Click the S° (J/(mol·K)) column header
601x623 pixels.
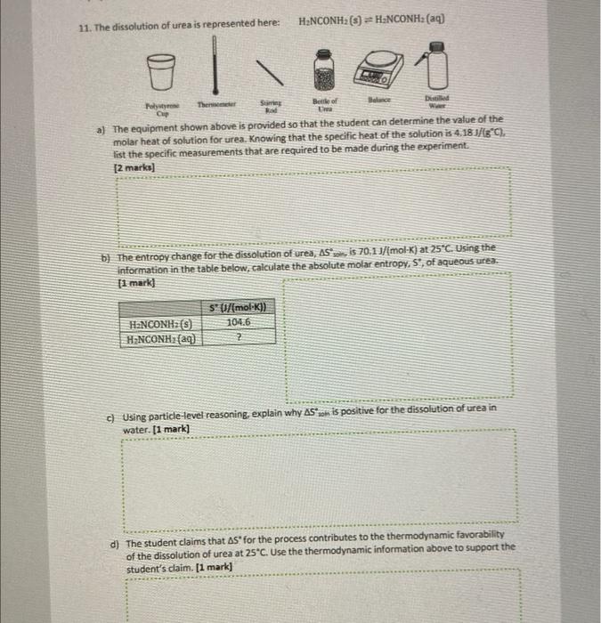(239, 309)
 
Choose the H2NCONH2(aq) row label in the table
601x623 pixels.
(163, 338)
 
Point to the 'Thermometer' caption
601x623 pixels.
(214, 106)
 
